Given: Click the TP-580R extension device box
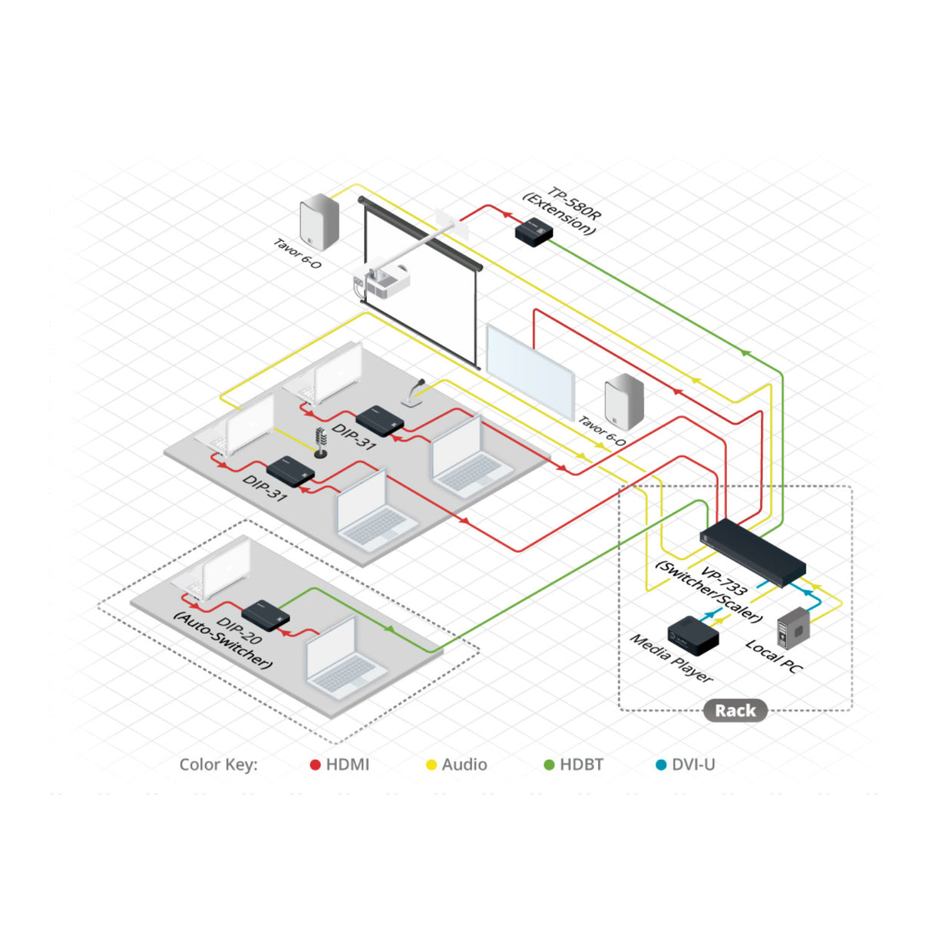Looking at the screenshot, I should coord(534,232).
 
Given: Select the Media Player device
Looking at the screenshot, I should coord(692,636).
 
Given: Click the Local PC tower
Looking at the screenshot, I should coord(794,628).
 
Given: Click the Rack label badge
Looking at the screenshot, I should coord(735,711).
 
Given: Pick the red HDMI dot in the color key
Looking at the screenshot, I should coord(315,765).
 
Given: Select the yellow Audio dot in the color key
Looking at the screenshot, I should coord(431,765).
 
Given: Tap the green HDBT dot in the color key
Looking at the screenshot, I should coord(549,765).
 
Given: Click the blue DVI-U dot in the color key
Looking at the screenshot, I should coord(661,765).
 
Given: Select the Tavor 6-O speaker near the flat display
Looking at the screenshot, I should coord(624,402).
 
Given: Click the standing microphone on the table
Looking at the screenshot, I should coord(320,443).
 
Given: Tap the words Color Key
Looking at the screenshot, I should coord(218,765).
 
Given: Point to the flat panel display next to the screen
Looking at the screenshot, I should coord(530,370).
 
